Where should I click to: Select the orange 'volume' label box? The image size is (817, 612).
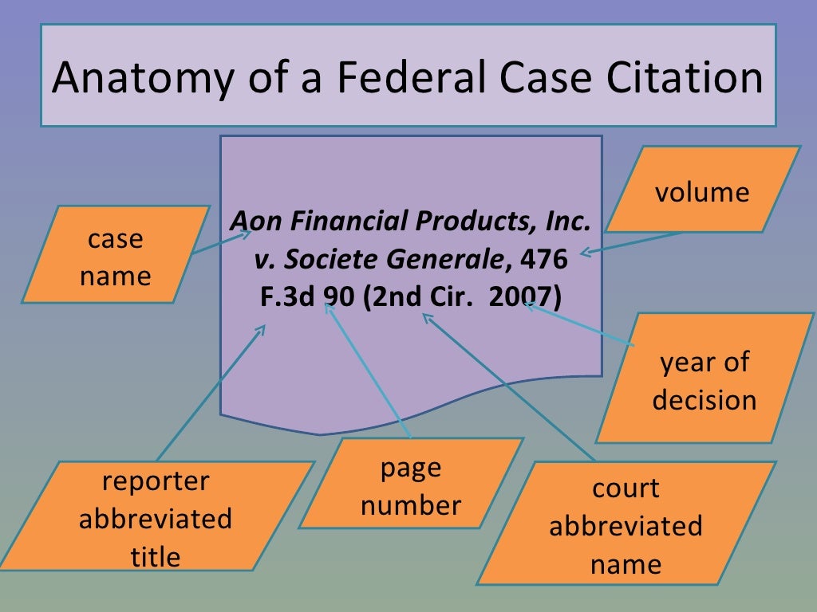[702, 192]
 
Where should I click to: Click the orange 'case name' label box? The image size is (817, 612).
[116, 257]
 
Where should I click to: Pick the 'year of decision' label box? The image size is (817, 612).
[705, 380]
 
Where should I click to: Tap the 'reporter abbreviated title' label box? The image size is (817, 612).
[156, 519]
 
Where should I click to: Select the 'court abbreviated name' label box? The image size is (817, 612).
[626, 526]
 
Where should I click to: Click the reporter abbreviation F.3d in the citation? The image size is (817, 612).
[289, 297]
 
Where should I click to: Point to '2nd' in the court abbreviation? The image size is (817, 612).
[395, 297]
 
